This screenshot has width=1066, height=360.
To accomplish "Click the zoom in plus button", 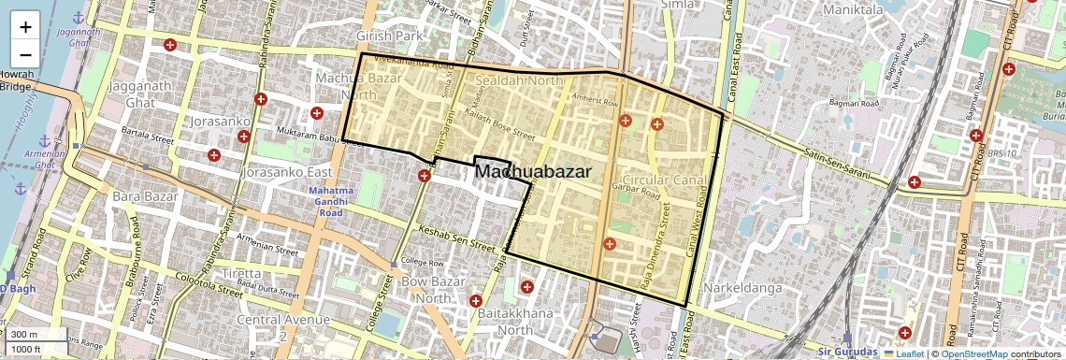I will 25,26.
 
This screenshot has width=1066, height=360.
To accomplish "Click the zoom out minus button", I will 25,54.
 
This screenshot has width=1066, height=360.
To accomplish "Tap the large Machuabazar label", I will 533,171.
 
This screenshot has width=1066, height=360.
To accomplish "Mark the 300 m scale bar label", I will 24,335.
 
